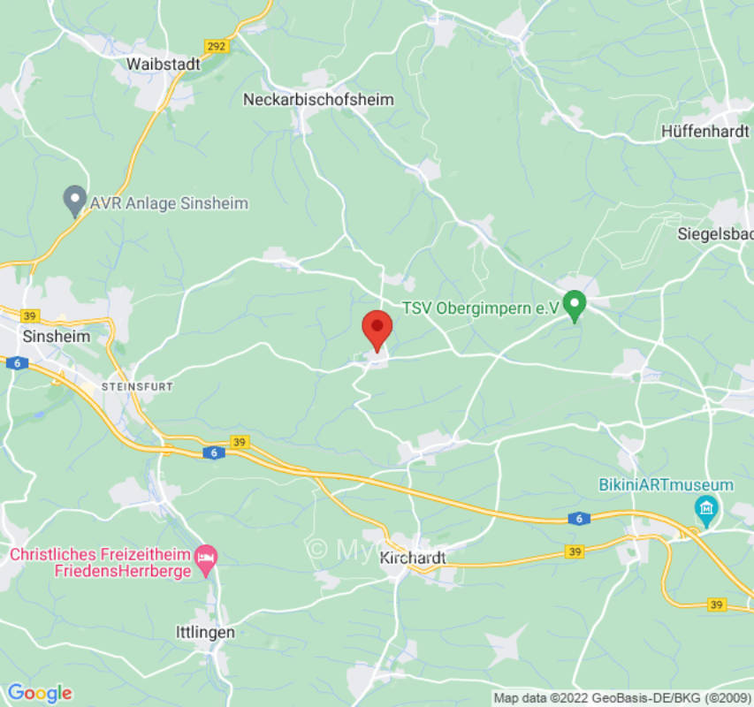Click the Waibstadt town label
[x=164, y=65]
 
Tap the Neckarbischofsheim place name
[x=318, y=100]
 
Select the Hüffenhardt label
[x=705, y=132]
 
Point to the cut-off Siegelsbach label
[x=715, y=234]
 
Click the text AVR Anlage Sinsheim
[x=169, y=203]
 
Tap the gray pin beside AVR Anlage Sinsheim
[x=75, y=201]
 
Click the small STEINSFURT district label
[x=136, y=387]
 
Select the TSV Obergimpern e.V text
[x=480, y=308]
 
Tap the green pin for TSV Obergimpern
[x=575, y=306]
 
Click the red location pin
[x=377, y=331]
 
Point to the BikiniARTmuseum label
[x=666, y=485]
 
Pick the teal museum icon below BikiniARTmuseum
[x=706, y=508]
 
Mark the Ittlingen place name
[x=205, y=632]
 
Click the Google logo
[x=39, y=693]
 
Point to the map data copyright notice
[x=622, y=698]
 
